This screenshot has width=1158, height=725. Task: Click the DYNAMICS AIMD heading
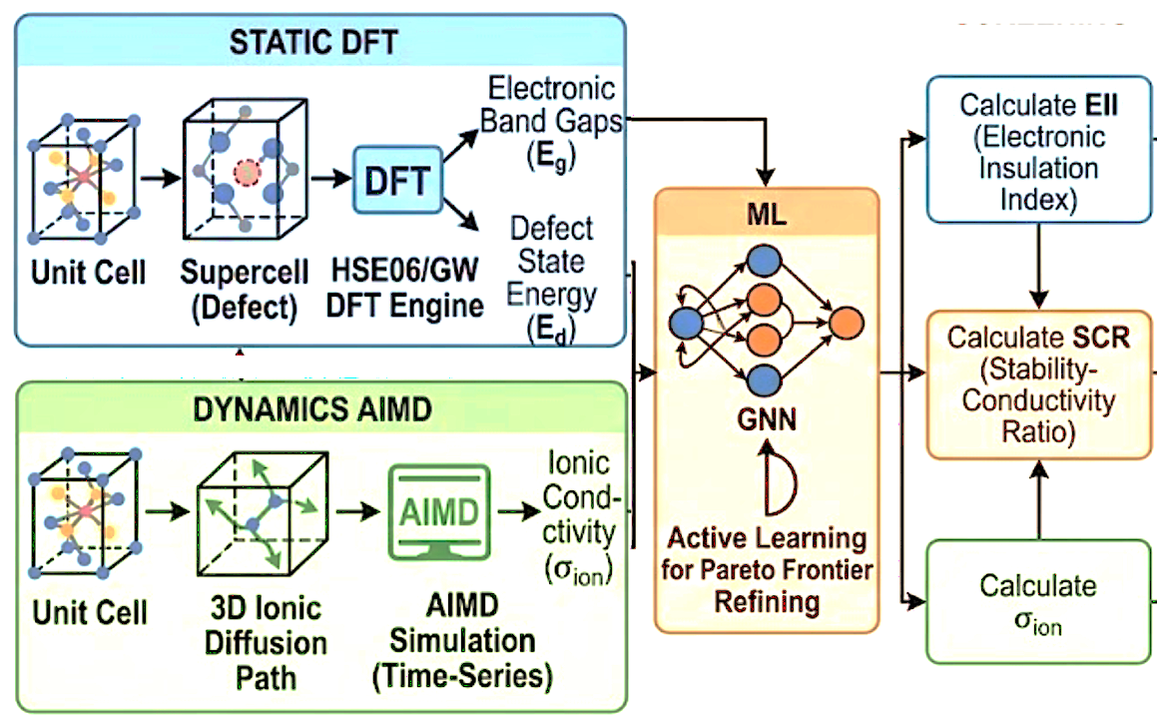(319, 409)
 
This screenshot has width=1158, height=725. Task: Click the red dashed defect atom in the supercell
(246, 172)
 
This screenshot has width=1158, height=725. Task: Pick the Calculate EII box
(1038, 152)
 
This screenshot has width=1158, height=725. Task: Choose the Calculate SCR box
(1038, 384)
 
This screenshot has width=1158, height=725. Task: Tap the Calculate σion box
(1038, 602)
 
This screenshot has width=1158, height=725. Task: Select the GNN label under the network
(766, 417)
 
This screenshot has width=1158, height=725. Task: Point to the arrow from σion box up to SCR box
(1039, 499)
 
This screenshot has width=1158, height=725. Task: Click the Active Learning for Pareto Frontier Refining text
(766, 570)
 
